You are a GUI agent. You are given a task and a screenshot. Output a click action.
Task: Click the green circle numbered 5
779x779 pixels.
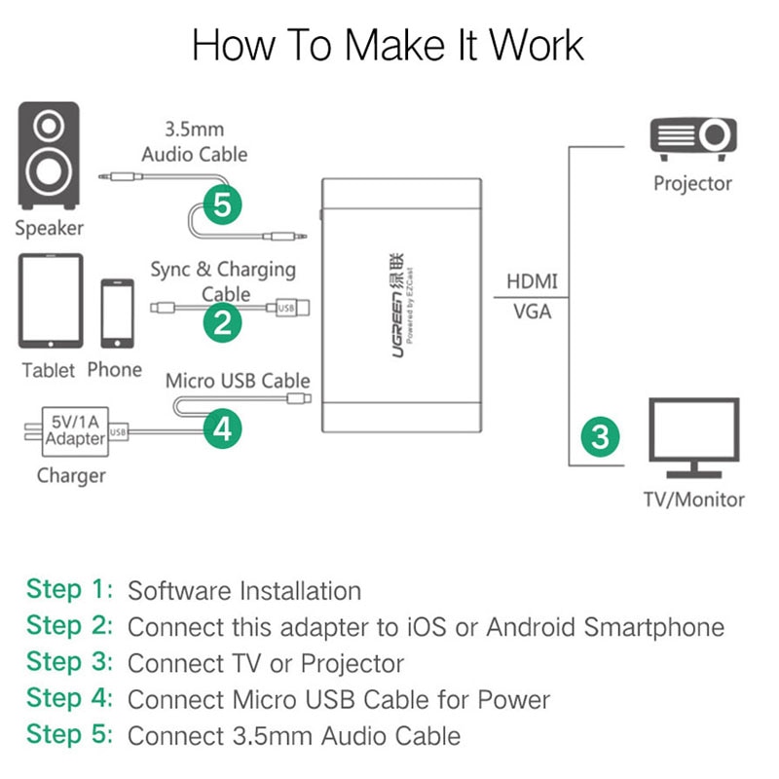point(223,205)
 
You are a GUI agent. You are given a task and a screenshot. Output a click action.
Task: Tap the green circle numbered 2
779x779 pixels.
point(223,320)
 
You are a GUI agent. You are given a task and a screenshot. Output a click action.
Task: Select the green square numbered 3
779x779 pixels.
point(600,435)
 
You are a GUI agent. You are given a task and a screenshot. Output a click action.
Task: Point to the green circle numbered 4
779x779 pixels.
point(223,427)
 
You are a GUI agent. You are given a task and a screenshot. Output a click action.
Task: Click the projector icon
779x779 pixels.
point(692,139)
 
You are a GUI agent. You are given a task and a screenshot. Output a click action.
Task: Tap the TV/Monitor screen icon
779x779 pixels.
point(693,438)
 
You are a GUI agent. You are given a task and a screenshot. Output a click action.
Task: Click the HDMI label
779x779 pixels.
point(532,281)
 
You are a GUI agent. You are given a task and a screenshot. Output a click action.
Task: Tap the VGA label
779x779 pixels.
point(532,312)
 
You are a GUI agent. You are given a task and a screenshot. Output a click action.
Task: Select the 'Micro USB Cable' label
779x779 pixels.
point(238,381)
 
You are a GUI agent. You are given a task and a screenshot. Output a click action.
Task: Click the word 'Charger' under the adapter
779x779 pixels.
point(71,476)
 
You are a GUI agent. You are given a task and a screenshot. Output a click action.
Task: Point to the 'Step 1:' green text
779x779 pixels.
point(69,589)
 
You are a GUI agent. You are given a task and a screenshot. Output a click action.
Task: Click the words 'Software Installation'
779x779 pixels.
point(244,590)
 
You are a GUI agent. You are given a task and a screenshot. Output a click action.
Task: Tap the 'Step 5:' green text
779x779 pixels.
point(69,734)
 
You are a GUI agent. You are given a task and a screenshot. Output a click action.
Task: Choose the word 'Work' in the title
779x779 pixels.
point(536,46)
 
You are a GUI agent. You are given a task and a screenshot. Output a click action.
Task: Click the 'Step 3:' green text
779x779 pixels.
point(69,662)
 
